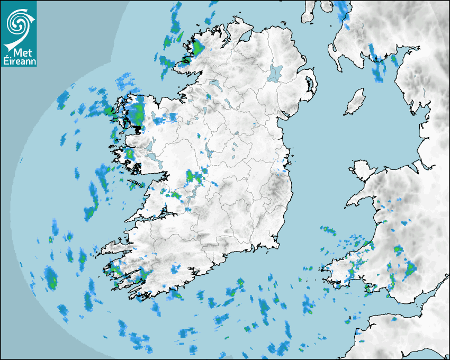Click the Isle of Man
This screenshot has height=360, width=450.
355,102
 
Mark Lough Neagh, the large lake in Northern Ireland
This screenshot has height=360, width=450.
275,73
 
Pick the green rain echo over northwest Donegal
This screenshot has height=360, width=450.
197,48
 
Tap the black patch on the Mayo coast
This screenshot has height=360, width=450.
138,129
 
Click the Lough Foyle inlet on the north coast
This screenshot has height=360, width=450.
245,38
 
